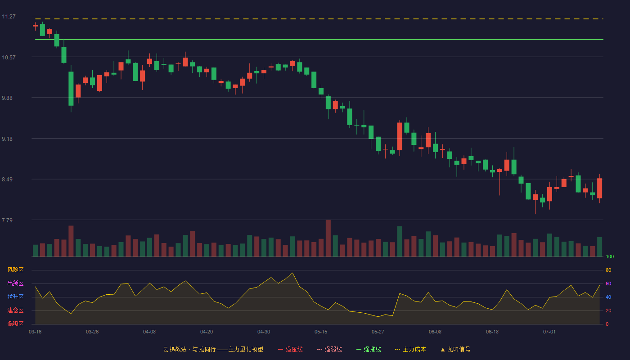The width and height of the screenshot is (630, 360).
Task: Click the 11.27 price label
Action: [x=9, y=17]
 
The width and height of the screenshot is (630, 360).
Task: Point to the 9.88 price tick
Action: [x=7, y=98]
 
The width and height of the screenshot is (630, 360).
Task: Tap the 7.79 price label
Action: [x=7, y=220]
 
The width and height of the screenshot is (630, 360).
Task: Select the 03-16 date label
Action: [x=35, y=332]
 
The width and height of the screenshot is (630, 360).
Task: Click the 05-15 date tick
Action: [x=321, y=332]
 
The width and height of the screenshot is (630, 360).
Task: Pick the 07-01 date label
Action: [x=549, y=332]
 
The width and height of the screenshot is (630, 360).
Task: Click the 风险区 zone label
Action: [x=15, y=270]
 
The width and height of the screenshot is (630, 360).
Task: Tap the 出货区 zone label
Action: [x=15, y=283]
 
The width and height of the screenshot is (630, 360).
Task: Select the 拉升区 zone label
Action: [x=15, y=297]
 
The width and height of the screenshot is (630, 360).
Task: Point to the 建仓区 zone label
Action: [x=15, y=310]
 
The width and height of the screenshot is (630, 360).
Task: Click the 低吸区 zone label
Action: [x=15, y=324]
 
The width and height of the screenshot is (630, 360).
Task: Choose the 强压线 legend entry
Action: [x=290, y=349]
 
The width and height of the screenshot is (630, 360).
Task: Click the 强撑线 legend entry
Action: [x=369, y=349]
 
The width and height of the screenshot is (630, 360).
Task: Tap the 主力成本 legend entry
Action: [x=410, y=349]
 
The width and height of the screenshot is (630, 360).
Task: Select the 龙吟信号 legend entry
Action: [x=455, y=349]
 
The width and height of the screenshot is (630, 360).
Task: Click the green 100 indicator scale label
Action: [x=610, y=256]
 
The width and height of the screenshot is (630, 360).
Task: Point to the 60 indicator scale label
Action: [x=608, y=283]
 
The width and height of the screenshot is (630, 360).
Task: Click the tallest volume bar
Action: [x=328, y=238]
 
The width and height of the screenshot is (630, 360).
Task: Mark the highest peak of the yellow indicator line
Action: [x=292, y=273]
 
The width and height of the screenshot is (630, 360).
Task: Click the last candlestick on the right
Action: [x=599, y=188]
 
